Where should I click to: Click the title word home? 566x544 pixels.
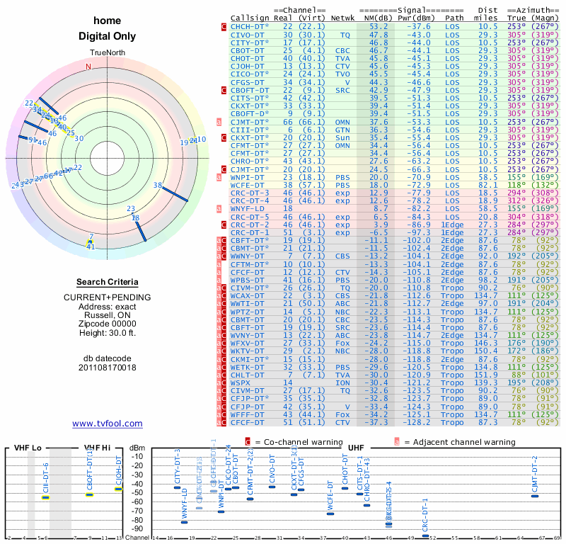coord(108,21)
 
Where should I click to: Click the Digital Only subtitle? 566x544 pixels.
coord(108,36)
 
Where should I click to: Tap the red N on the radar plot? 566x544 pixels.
coord(88,67)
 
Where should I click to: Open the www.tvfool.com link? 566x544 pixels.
coord(108,424)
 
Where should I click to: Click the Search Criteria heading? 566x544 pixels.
coord(108,282)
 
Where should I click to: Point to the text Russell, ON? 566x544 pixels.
coord(108,316)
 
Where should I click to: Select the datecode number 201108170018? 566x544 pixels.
coord(108,368)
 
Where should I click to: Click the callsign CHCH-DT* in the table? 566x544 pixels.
coord(250,26)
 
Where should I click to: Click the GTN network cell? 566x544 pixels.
coord(343,130)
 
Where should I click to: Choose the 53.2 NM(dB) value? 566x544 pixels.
coord(378,26)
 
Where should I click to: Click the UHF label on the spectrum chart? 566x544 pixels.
coord(356,448)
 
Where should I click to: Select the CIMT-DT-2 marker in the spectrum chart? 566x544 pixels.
coord(535,496)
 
